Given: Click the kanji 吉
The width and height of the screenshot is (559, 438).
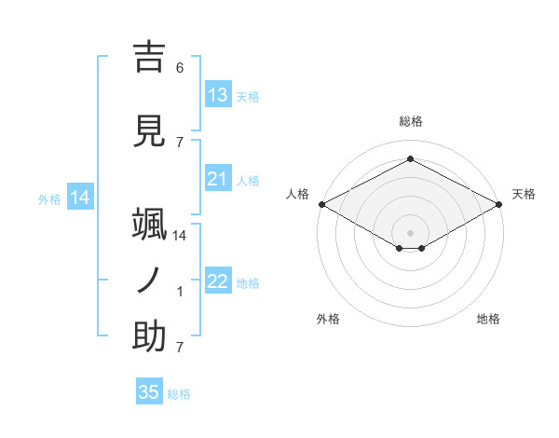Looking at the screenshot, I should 149,58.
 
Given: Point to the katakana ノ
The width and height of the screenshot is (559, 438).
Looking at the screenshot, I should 149,281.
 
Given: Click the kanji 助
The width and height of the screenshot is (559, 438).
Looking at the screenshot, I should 149,337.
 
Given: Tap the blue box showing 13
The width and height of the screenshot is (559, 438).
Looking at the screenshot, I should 218,95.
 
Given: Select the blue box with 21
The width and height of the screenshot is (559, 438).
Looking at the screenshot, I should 218,179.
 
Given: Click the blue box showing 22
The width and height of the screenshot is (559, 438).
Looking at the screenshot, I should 218,281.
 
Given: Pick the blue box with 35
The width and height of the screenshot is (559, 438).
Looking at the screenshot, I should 149,392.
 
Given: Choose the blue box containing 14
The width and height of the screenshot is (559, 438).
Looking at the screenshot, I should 79,198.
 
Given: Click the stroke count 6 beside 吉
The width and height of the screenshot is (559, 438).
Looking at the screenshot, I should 180,68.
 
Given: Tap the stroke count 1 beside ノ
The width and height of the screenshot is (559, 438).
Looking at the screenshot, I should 180,292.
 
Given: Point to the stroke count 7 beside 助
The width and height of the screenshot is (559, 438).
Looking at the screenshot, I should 180,348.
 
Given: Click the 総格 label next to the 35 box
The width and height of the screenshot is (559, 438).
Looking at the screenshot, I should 179,394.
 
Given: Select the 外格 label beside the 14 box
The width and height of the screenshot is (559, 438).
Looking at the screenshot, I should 49,198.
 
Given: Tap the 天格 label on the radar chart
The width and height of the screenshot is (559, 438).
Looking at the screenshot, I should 524,194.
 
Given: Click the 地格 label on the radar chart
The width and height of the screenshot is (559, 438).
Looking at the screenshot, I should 488,319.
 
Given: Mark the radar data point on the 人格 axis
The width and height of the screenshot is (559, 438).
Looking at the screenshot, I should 321,204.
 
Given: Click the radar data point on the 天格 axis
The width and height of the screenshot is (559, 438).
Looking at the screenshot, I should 499,204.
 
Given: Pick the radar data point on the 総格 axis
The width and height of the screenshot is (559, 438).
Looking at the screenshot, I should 410,158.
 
